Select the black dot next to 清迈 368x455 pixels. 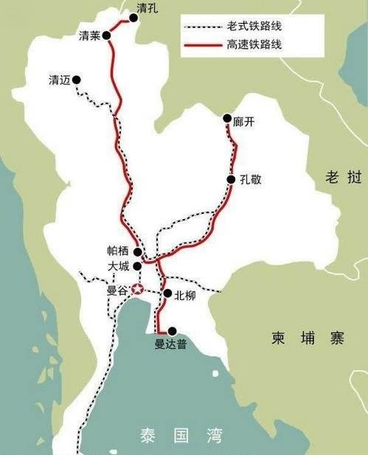point(77,80)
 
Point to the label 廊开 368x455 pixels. point(244,119)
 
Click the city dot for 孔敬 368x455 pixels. point(231,179)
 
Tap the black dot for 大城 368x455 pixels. point(136,265)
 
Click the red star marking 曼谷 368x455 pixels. point(137,291)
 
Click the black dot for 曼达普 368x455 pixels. point(172,331)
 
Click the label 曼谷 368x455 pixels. point(118,291)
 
